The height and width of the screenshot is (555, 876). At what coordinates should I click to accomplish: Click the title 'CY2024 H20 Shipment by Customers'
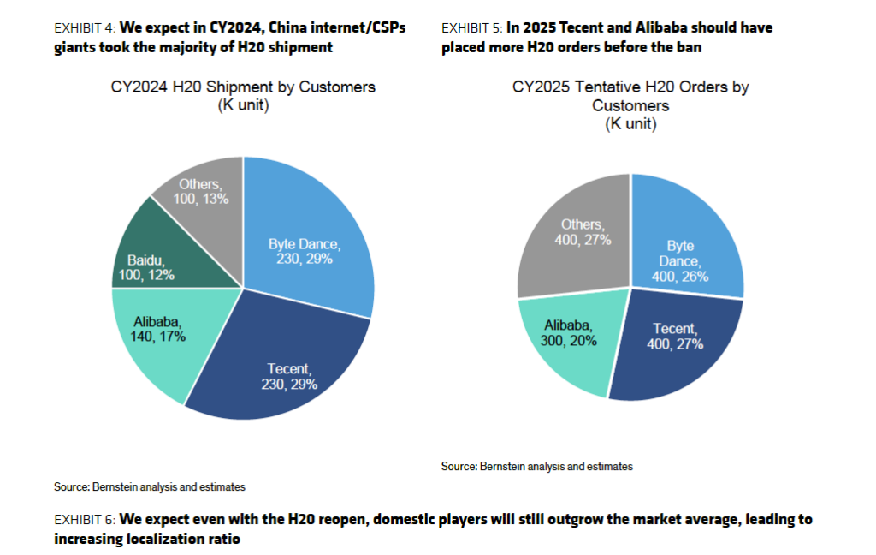pos(243,87)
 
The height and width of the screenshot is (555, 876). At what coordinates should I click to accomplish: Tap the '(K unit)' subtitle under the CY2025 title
pos(630,124)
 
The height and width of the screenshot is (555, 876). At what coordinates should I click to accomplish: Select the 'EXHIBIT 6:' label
pos(83,519)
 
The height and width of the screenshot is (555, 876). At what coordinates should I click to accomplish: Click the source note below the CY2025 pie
pos(536,467)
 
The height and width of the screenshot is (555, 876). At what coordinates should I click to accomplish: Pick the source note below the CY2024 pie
pos(149,486)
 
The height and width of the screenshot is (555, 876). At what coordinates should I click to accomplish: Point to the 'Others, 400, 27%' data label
pos(583,232)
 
